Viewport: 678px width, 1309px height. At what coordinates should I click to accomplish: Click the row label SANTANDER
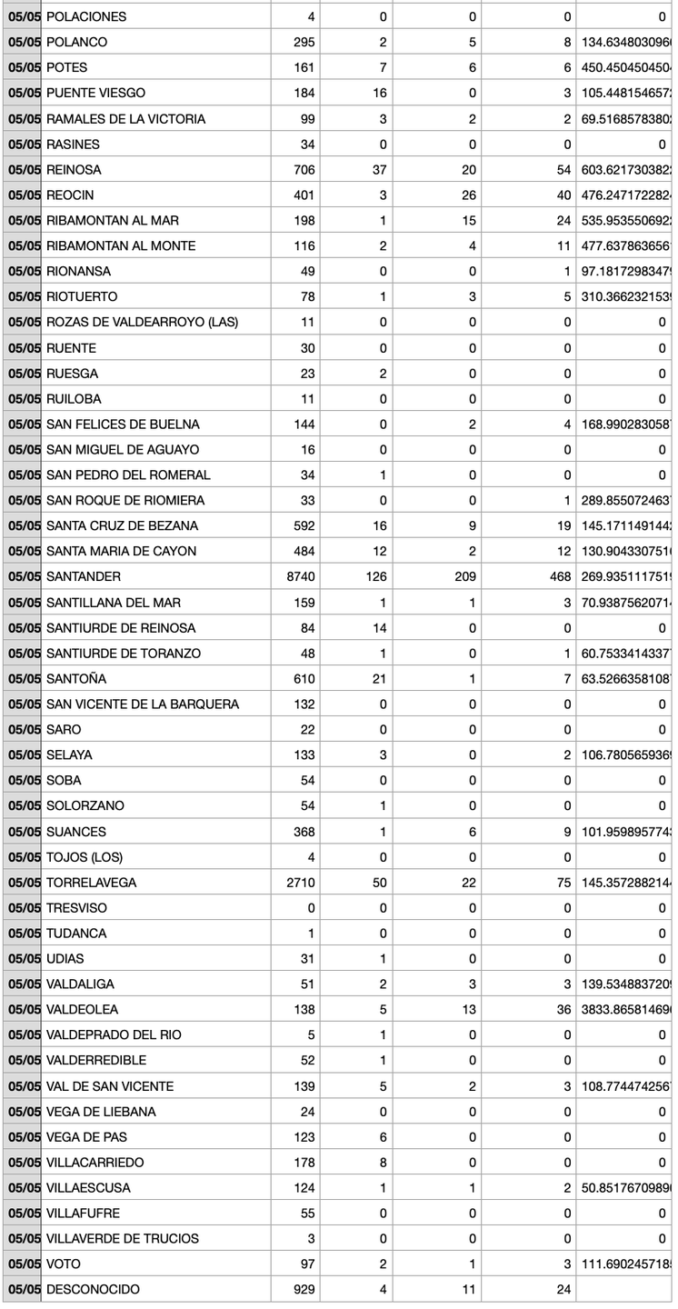tap(84, 576)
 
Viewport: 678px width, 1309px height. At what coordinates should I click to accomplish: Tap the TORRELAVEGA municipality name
tap(91, 882)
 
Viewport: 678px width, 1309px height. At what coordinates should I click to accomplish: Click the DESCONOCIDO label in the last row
tap(93, 1289)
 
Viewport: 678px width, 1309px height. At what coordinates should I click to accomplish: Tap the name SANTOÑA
tap(76, 678)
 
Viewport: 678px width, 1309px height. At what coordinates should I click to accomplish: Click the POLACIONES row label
tap(86, 16)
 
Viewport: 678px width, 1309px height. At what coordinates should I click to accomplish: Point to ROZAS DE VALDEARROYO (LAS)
tap(142, 322)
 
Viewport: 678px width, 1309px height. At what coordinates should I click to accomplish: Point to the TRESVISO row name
tap(76, 907)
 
